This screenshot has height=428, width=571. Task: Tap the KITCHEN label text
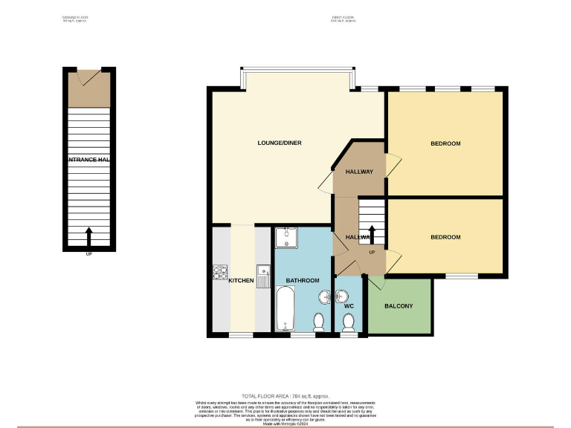[x=241, y=281]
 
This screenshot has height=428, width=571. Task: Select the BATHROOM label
[x=303, y=281]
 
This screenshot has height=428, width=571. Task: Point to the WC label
[x=348, y=305]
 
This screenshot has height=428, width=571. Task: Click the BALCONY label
[x=399, y=306]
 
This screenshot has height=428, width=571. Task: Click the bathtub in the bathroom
[x=285, y=310]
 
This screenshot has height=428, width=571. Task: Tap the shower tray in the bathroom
[x=285, y=239]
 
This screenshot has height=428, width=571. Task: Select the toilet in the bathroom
[x=319, y=321]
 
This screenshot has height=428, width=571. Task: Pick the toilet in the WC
[x=348, y=322]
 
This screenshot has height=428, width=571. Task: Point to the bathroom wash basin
[x=325, y=298]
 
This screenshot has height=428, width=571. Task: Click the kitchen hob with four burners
[x=219, y=273]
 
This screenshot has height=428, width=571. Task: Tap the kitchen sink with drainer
[x=262, y=274]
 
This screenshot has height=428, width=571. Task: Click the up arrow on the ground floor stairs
[x=90, y=236]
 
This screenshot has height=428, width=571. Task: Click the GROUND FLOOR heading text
[x=74, y=19]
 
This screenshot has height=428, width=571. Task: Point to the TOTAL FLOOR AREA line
[x=285, y=397]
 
